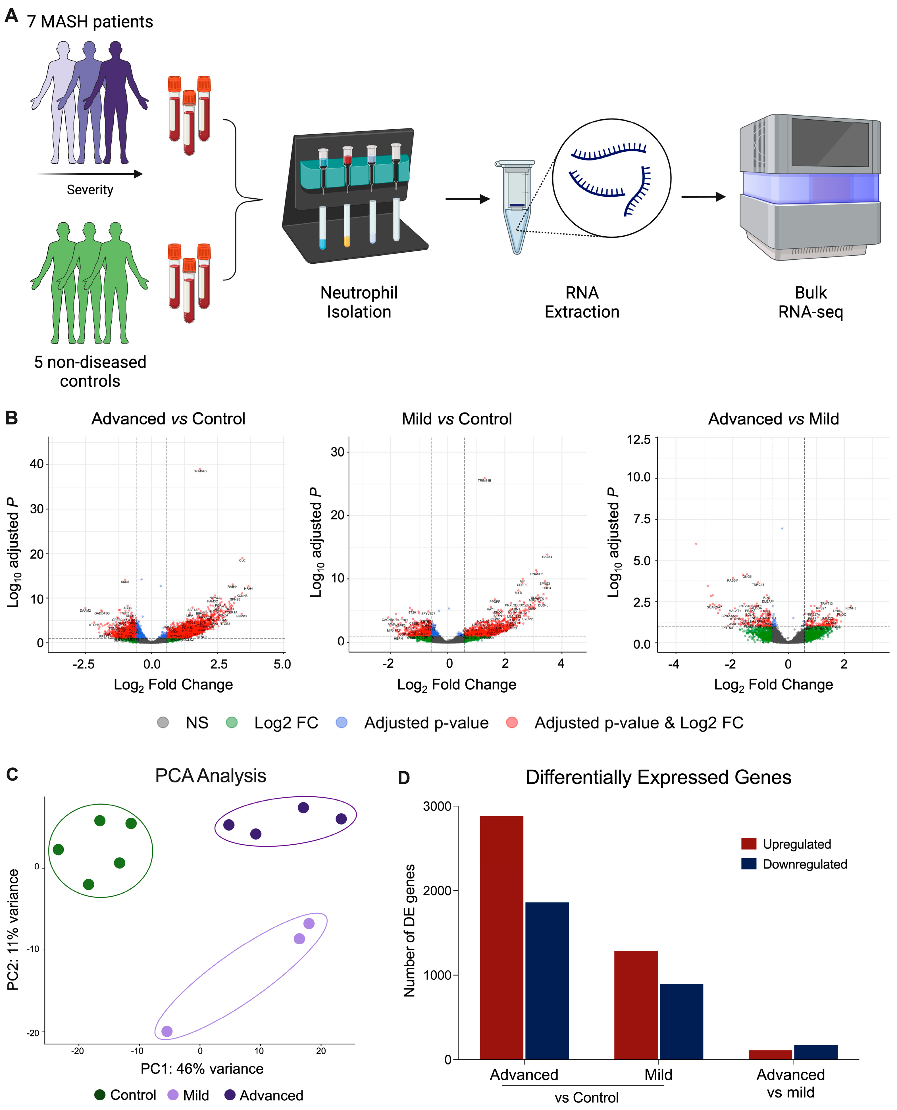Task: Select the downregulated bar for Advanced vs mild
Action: pyautogui.click(x=815, y=1052)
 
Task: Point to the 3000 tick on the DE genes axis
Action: pyautogui.click(x=437, y=807)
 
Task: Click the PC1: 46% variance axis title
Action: pyautogui.click(x=202, y=1068)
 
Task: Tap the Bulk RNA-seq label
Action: pyautogui.click(x=810, y=302)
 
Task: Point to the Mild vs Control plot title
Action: pyautogui.click(x=457, y=418)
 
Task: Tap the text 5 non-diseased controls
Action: pyautogui.click(x=90, y=371)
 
